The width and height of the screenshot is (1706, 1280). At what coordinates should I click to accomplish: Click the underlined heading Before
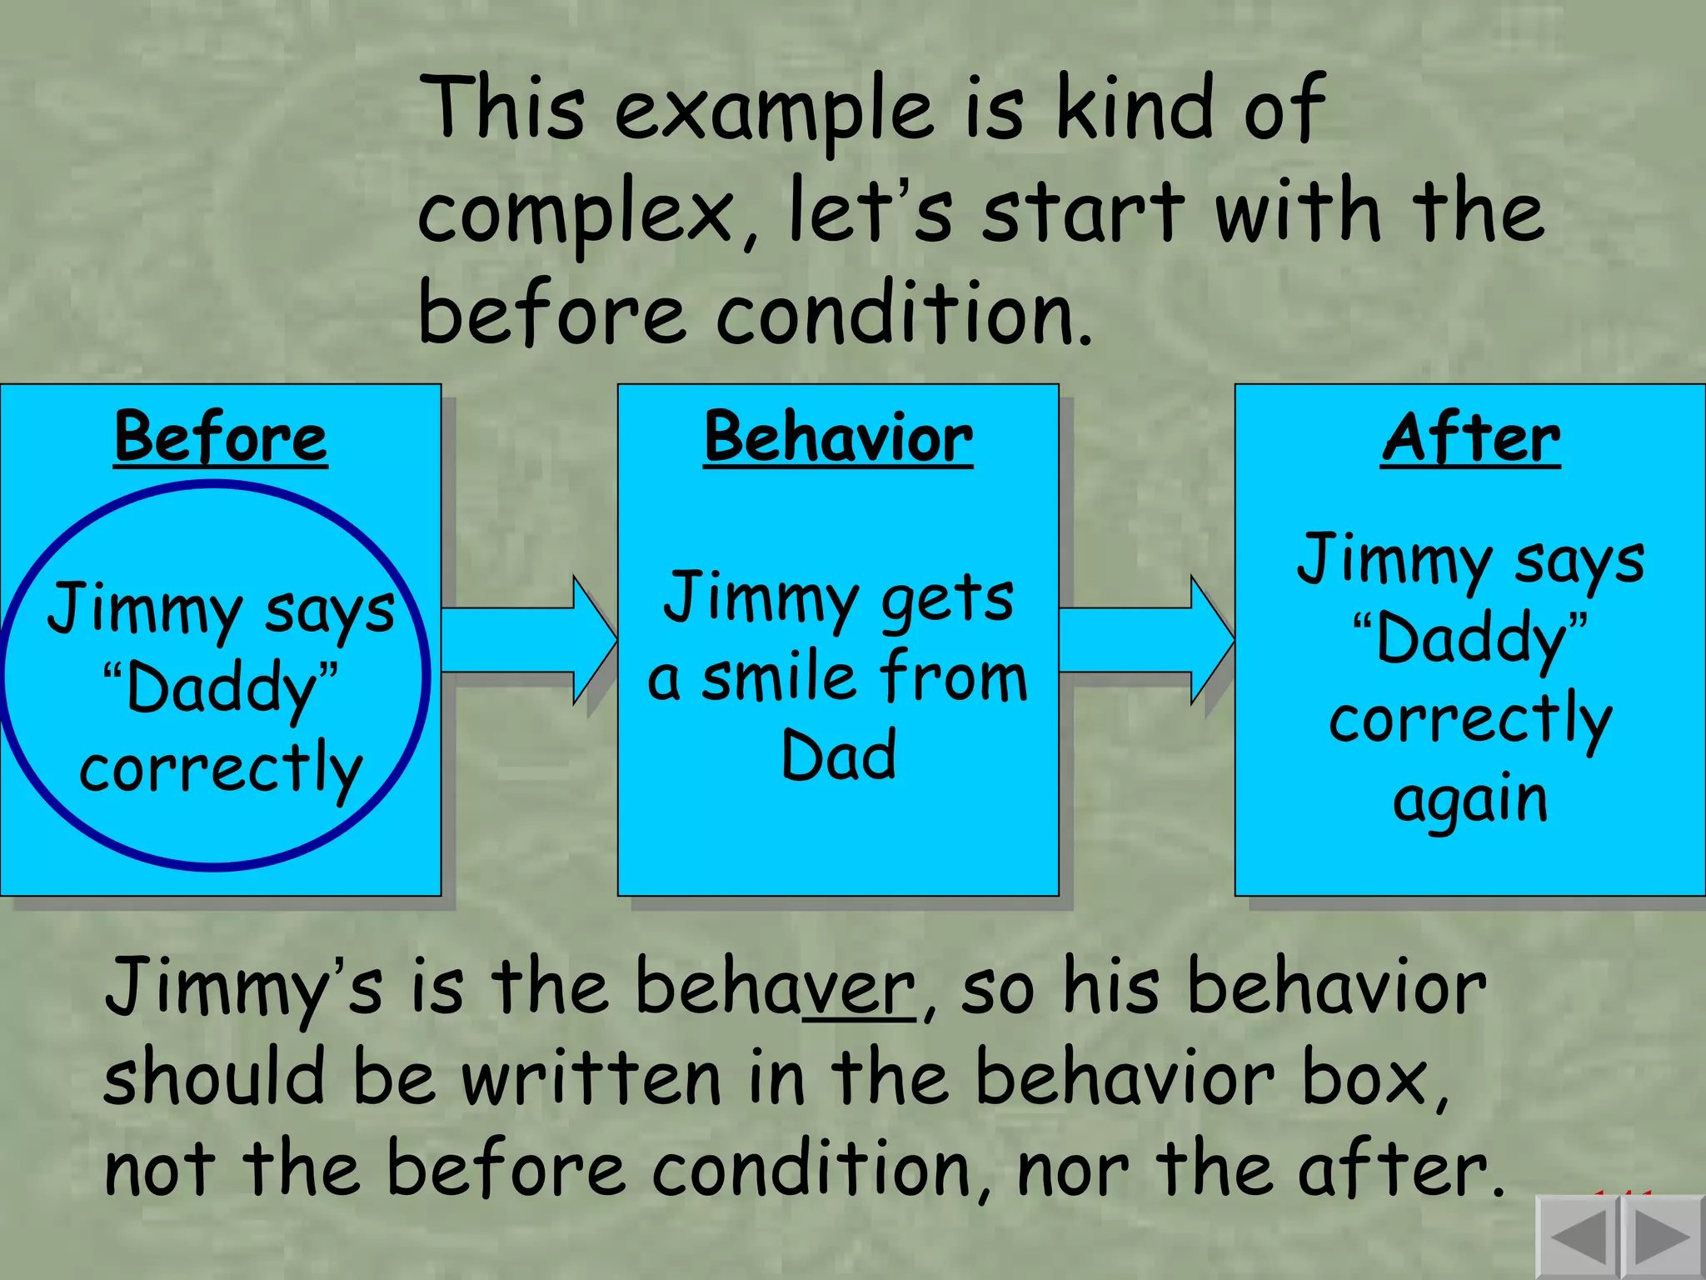pos(221,437)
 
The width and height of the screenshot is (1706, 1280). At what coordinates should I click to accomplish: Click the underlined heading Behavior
pos(837,437)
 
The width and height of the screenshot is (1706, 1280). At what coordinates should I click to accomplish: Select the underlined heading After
pos(1470,437)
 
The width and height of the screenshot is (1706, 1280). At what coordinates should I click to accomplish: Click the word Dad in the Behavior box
pos(838,755)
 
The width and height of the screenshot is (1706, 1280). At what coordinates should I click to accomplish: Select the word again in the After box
pos(1470,800)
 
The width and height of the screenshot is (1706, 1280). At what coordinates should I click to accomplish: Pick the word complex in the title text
pos(575,215)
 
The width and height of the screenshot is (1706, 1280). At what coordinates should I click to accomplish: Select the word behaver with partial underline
pos(775,987)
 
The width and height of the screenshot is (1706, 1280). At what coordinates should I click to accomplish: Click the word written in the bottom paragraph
pos(591,1079)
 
